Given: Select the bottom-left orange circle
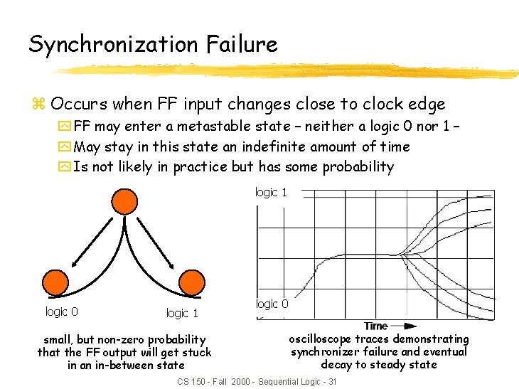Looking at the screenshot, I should (58, 282).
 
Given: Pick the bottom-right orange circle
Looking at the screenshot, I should (193, 282).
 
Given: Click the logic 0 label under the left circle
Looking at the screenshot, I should (62, 311).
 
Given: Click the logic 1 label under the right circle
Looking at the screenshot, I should (182, 313).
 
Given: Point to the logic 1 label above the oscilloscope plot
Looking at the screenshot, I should (271, 192).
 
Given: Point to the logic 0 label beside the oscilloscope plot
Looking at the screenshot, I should (272, 304).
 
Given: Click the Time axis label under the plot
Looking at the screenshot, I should (375, 326).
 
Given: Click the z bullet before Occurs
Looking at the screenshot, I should (38, 105).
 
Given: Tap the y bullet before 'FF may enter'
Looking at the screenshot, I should (65, 127).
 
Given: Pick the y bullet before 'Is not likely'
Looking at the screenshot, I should (65, 167).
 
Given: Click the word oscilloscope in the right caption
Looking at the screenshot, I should (320, 339).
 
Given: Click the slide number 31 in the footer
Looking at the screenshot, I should (330, 382).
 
